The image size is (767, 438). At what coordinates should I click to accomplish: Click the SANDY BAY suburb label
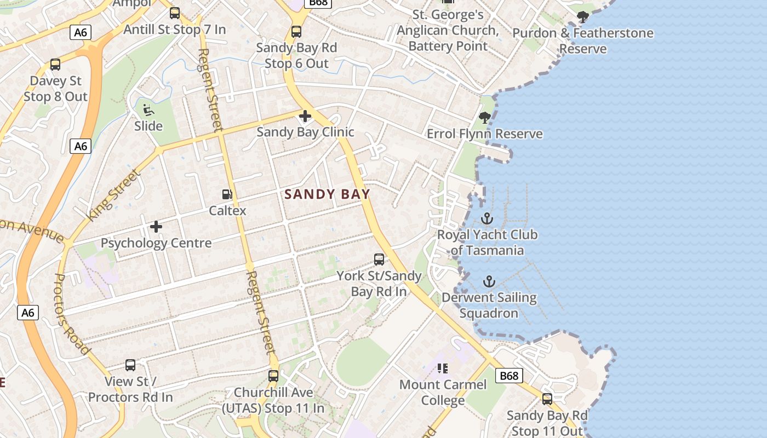[x=327, y=194]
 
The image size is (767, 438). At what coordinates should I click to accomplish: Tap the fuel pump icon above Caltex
[x=227, y=194]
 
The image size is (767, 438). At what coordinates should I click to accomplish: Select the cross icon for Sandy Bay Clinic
[x=305, y=116]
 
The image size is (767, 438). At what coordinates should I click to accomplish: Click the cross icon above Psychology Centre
[x=156, y=226]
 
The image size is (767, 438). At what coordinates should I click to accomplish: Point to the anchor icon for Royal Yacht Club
[x=486, y=218]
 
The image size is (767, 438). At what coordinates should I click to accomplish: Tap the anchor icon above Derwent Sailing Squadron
[x=489, y=282]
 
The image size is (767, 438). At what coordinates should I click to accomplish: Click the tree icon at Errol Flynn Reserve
[x=484, y=117]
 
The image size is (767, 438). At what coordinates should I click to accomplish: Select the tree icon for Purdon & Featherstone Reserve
[x=583, y=17]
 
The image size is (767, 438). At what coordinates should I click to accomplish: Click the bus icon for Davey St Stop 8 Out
[x=55, y=65]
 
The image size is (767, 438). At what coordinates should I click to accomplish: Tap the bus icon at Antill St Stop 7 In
[x=175, y=13]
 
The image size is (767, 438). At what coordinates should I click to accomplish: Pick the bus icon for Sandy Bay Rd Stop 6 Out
[x=296, y=32]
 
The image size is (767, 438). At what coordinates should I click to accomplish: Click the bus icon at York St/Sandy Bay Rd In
[x=379, y=260]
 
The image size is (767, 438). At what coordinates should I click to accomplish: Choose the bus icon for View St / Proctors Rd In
[x=130, y=365]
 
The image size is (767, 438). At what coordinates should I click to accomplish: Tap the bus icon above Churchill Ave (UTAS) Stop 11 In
[x=273, y=376]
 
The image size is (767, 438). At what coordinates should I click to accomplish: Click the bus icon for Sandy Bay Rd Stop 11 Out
[x=547, y=399]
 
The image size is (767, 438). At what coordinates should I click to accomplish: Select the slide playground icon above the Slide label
[x=148, y=110]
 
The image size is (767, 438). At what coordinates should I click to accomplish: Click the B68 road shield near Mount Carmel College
[x=508, y=376]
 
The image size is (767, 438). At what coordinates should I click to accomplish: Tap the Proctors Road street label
[x=71, y=313]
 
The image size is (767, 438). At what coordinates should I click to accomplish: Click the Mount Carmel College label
[x=443, y=392]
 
